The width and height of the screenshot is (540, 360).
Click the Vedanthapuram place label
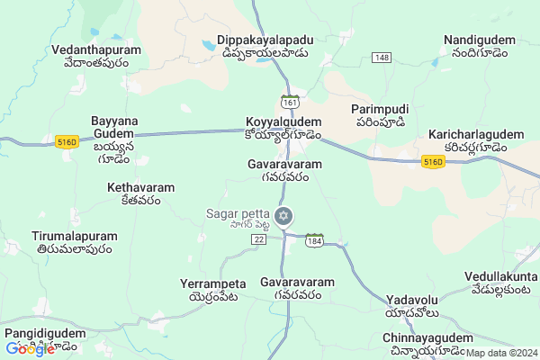pyautogui.click(x=96, y=50)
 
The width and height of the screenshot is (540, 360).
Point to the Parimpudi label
pyautogui.click(x=378, y=108)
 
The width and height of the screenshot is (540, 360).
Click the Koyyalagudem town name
pyautogui.click(x=283, y=121)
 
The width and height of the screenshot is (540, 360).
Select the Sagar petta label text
pyautogui.click(x=243, y=212)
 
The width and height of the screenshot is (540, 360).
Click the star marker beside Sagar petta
pyautogui.click(x=283, y=216)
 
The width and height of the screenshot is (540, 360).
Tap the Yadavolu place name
pyautogui.click(x=412, y=299)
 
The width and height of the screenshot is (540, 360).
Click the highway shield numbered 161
pyautogui.click(x=290, y=100)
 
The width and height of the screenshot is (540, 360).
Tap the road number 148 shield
pyautogui.click(x=382, y=58)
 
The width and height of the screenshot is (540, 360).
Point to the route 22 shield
pyautogui.click(x=259, y=239)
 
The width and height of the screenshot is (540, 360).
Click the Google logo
pyautogui.click(x=30, y=349)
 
